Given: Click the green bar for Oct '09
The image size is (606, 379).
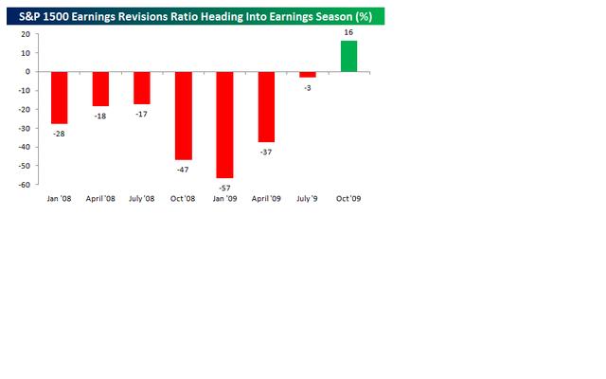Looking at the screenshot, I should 349,56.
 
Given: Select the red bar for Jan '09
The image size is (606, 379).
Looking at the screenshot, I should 224,124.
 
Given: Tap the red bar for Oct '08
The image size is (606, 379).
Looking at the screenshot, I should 183,115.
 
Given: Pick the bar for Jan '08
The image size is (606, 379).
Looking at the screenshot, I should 59,98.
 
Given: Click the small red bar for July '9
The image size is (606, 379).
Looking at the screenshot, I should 308,74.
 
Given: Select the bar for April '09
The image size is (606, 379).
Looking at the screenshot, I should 266,106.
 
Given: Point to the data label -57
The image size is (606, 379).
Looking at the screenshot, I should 224,188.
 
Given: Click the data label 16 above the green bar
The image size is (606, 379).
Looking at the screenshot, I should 349,33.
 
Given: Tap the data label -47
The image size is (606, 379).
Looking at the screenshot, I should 183,169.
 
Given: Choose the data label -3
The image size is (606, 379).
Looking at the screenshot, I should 308,87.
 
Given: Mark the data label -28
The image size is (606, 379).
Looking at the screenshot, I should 59,134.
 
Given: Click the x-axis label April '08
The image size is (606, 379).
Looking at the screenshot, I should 100,198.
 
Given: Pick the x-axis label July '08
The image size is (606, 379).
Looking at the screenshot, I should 142,198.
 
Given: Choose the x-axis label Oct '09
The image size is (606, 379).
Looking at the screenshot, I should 348,198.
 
